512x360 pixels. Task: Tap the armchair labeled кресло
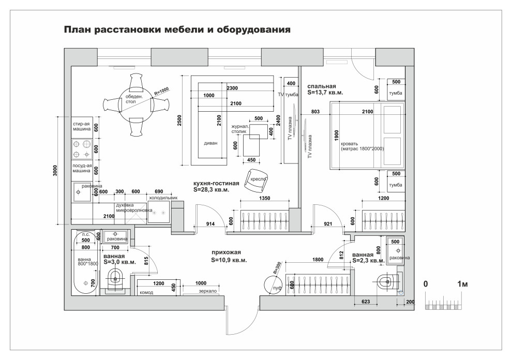tap(257, 179)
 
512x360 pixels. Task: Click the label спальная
tap(322, 86)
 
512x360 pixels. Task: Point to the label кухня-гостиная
tap(216, 183)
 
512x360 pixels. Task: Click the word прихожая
tap(226, 252)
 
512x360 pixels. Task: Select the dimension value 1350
tap(265, 198)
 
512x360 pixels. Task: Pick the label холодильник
tap(163, 198)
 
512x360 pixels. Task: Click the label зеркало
tap(207, 291)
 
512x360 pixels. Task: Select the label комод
tap(146, 292)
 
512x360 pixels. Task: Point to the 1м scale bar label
tap(462, 284)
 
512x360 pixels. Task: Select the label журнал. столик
tap(241, 129)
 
